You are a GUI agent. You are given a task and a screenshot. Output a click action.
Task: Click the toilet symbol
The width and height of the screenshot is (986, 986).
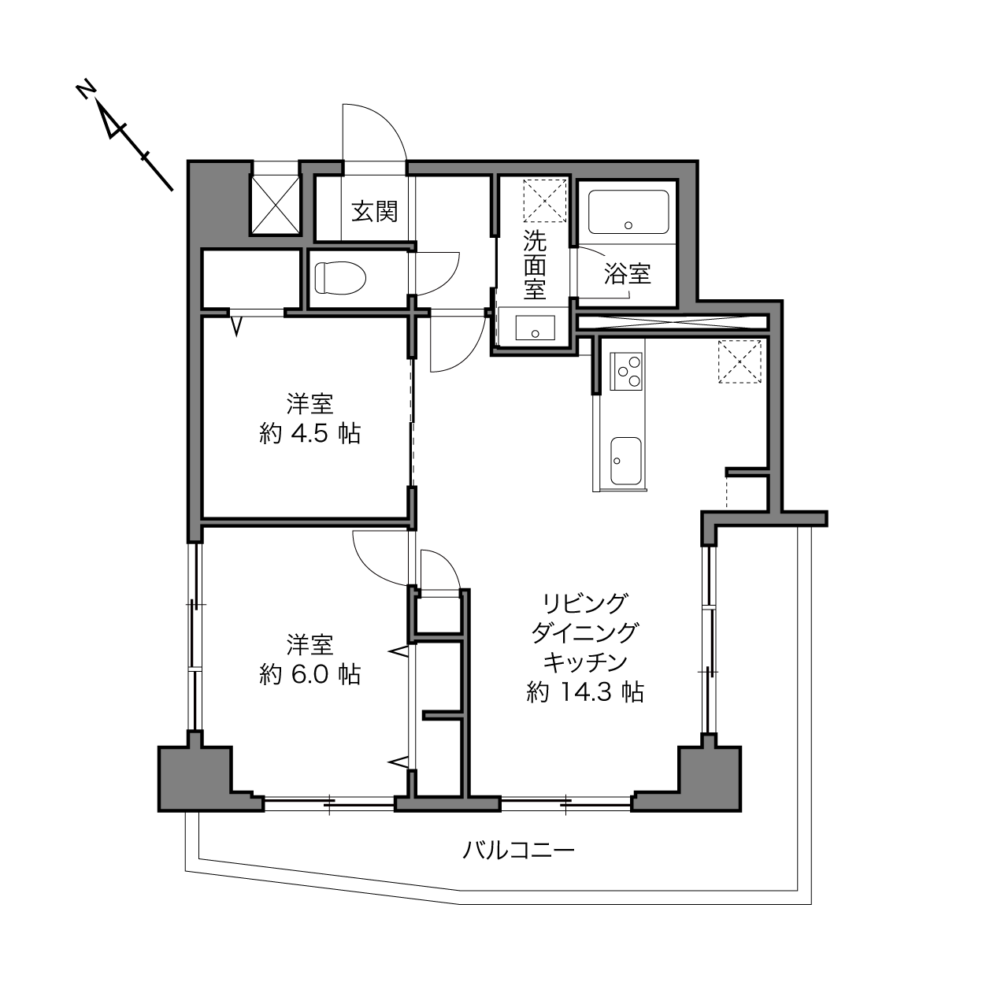click(340, 278)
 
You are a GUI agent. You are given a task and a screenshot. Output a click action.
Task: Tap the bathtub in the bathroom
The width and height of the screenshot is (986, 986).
click(628, 212)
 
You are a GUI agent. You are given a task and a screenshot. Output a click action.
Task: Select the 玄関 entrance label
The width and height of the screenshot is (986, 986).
click(375, 211)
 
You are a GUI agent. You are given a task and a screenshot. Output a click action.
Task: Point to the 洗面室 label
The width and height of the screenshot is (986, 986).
click(534, 265)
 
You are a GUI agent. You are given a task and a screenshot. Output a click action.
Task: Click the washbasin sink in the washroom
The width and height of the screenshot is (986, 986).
click(535, 328)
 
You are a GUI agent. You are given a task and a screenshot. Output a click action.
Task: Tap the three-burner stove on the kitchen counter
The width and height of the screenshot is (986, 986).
click(626, 372)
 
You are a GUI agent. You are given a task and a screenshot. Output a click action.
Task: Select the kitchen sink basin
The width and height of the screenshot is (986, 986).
click(626, 461)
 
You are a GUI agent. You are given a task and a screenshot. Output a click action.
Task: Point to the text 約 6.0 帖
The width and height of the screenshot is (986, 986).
click(310, 674)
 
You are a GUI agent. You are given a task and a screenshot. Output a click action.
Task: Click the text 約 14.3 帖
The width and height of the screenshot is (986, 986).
click(585, 692)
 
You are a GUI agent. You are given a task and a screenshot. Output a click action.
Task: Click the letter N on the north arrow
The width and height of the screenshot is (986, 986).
click(87, 89)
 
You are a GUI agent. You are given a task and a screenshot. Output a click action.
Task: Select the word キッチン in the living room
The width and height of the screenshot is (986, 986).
click(585, 662)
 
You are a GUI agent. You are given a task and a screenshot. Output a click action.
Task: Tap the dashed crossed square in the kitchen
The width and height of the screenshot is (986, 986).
click(739, 361)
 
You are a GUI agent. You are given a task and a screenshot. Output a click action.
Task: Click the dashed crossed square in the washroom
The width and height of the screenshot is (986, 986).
click(546, 200)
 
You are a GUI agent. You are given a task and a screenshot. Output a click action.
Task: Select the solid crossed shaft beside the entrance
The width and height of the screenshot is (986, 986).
click(276, 205)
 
